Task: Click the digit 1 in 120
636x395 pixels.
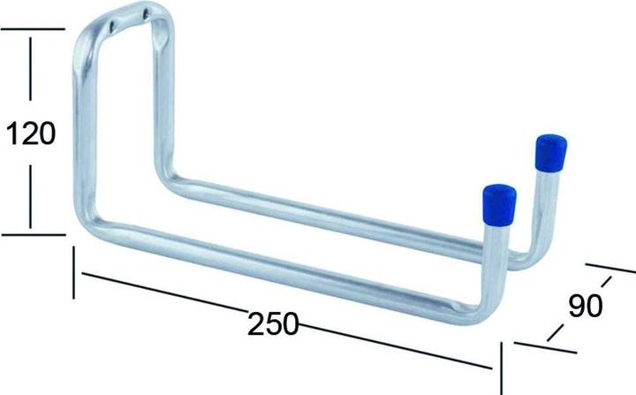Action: click(x=12, y=133)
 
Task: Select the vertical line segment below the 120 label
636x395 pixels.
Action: click(x=33, y=199)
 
